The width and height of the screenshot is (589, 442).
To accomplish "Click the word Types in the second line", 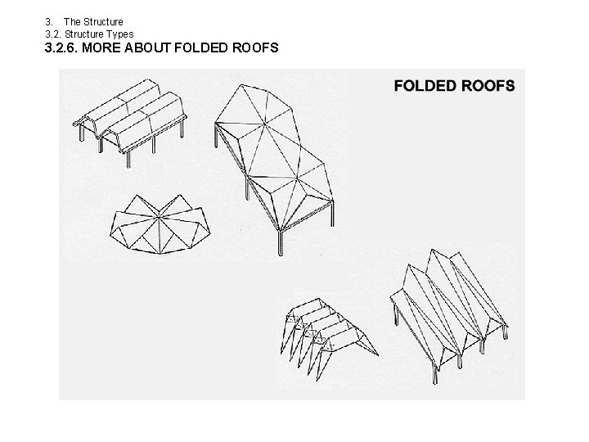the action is (x=119, y=34).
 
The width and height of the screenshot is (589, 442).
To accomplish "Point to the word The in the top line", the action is (x=72, y=21).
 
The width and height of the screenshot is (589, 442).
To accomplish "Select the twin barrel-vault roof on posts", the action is (x=131, y=119).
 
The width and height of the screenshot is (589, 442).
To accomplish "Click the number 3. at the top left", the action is (x=48, y=21).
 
